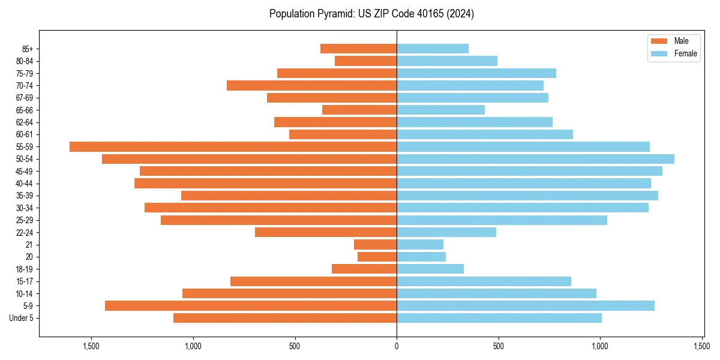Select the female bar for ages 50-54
click(535, 159)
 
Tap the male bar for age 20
click(377, 257)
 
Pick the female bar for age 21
click(420, 244)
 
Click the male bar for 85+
click(358, 49)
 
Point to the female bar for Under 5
click(499, 318)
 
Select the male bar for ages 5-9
click(251, 305)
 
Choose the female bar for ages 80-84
click(447, 61)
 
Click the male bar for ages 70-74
click(311, 85)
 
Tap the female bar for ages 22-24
click(446, 232)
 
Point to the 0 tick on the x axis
click(397, 346)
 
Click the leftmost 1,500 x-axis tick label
click(91, 346)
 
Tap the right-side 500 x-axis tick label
click(499, 346)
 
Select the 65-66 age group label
click(25, 110)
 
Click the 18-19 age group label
click(25, 269)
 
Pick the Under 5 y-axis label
click(22, 318)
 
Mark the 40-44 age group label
click(25, 183)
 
